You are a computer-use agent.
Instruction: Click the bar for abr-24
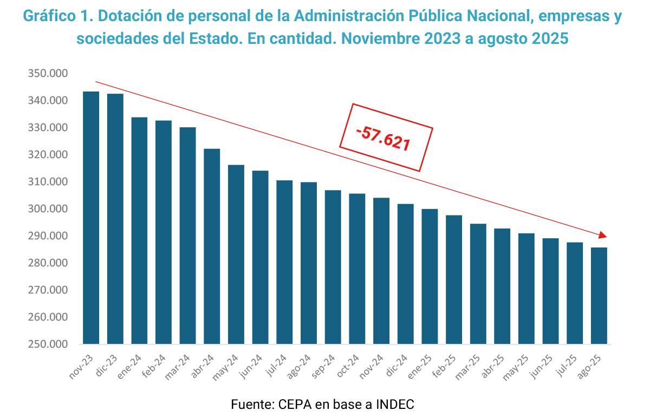pyautogui.click(x=212, y=246)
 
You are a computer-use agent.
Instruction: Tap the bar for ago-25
pyautogui.click(x=599, y=296)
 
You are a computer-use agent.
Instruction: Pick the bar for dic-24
pyautogui.click(x=405, y=274)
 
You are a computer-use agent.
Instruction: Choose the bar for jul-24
pyautogui.click(x=284, y=262)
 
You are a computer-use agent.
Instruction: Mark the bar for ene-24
pyautogui.click(x=139, y=231)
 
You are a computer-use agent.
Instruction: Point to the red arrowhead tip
pyautogui.click(x=606, y=237)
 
